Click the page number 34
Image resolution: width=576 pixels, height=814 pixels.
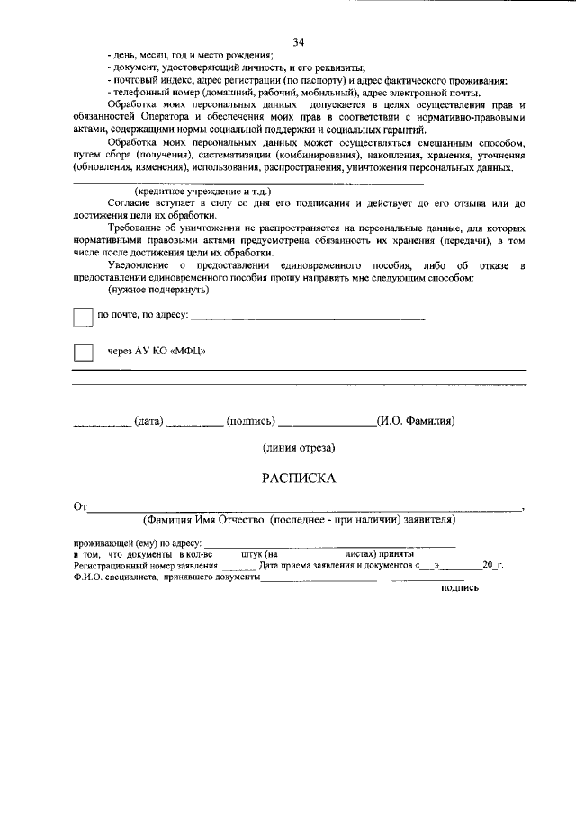click(x=299, y=42)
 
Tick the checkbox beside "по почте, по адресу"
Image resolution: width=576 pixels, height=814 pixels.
click(x=83, y=317)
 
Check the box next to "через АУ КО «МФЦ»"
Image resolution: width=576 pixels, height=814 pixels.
click(x=83, y=352)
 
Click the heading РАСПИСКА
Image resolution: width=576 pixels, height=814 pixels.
click(x=299, y=479)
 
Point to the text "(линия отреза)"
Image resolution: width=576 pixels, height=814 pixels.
click(x=299, y=447)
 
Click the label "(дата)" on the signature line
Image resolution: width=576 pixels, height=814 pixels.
click(x=148, y=420)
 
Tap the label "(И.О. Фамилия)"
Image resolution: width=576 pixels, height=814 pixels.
click(x=415, y=420)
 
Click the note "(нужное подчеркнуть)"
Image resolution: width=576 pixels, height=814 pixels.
click(x=158, y=290)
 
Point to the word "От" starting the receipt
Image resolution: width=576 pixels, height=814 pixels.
click(x=80, y=507)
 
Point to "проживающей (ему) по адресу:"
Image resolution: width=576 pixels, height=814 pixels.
click(x=138, y=544)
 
